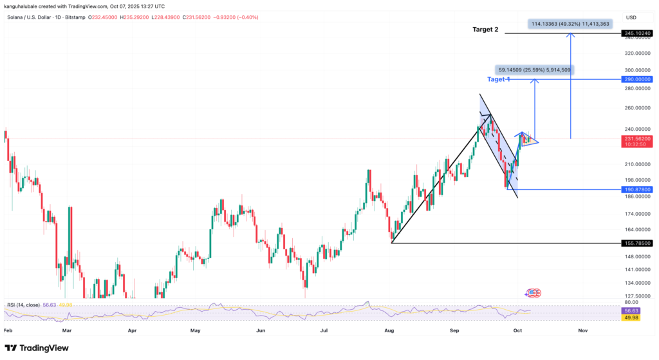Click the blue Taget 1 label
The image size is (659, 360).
[499, 79]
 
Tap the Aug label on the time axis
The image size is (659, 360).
[389, 330]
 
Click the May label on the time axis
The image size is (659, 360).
[196, 330]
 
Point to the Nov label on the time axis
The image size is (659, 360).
[582, 330]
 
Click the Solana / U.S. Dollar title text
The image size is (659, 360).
[36, 17]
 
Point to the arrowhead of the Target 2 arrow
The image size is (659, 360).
[571, 34]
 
